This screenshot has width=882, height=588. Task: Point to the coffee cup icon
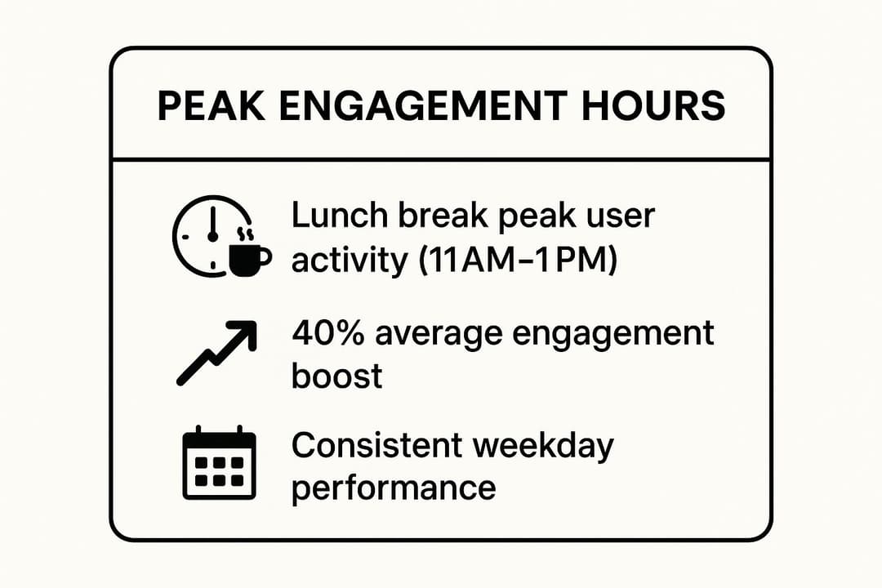pyautogui.click(x=248, y=258)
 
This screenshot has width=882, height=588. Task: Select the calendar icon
pyautogui.click(x=218, y=463)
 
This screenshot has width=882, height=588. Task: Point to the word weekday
pyautogui.click(x=546, y=447)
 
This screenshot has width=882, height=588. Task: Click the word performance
pyautogui.click(x=394, y=488)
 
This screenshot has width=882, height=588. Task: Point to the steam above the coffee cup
pyautogui.click(x=243, y=235)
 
